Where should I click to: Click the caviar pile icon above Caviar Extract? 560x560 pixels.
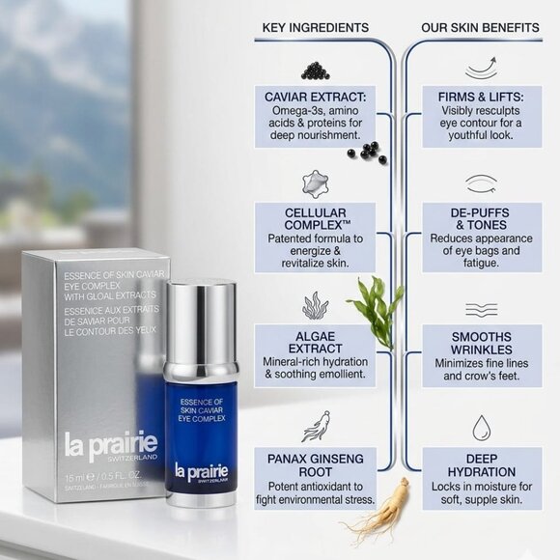(x=315, y=70)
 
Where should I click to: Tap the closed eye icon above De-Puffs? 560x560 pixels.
(x=481, y=183)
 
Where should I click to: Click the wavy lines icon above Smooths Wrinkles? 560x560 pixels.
(x=481, y=309)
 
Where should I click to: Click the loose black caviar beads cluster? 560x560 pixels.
(x=368, y=151)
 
